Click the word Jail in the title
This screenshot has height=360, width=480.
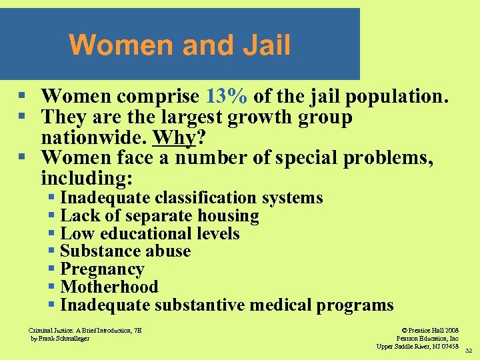click(267, 45)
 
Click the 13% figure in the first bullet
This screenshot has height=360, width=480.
click(228, 97)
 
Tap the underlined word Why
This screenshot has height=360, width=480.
click(175, 139)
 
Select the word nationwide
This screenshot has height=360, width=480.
click(93, 139)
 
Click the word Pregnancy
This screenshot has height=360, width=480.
click(102, 269)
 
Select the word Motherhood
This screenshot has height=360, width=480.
click(109, 287)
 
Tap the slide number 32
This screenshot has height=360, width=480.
click(468, 350)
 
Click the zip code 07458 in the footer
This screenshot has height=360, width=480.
click(449, 346)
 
